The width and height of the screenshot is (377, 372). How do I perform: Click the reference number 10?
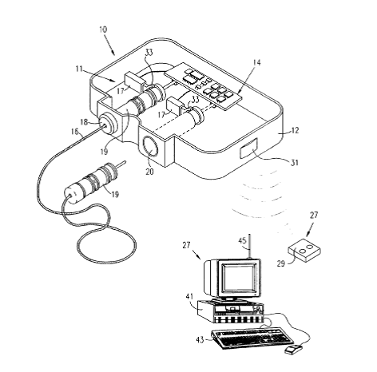pos(103,29)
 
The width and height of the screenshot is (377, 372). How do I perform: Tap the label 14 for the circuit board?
pos(257,62)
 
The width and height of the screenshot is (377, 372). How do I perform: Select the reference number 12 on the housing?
pos(296,130)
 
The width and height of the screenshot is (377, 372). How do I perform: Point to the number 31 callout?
pos(294,162)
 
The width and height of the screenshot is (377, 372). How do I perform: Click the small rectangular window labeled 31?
pos(249,148)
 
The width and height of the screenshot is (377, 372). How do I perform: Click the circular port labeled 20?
pos(151,147)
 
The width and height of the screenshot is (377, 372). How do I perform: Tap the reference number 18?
pos(84,122)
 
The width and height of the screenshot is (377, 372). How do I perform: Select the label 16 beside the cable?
pos(75,132)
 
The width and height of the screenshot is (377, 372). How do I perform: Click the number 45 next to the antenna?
pos(242,241)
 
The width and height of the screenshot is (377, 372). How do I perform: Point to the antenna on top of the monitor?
pos(250,246)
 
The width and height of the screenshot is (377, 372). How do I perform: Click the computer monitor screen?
pos(238,277)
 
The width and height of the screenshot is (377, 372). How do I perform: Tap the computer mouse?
pos(294,349)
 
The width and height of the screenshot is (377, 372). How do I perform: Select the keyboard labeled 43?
pos(252,338)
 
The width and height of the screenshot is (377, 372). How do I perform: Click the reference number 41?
pos(189,296)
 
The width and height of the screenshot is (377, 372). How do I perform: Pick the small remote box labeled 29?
pos(304,249)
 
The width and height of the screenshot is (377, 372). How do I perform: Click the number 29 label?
pos(281,263)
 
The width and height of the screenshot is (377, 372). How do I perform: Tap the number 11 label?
pos(79,69)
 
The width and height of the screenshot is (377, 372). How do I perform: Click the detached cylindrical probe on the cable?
pos(92,183)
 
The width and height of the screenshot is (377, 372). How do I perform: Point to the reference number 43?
pos(200,340)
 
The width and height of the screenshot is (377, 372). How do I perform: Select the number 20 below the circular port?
pos(149,172)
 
